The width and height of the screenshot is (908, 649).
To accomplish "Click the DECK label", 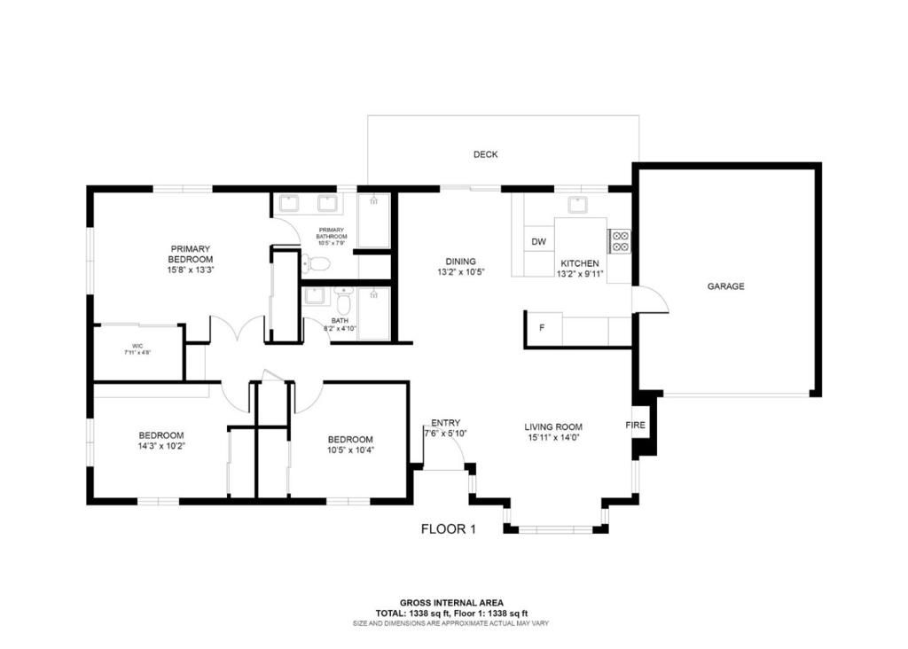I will click(x=485, y=154).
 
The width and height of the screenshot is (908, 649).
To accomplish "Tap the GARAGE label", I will click(x=725, y=286).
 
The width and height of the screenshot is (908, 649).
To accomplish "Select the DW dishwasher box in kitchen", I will click(x=538, y=242).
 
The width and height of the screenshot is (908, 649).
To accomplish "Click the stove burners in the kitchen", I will click(x=619, y=241).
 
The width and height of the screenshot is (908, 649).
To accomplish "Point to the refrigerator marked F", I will click(x=542, y=329).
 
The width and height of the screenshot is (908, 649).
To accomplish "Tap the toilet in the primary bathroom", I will click(x=316, y=262).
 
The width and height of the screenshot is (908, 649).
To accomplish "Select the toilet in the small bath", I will click(x=344, y=296).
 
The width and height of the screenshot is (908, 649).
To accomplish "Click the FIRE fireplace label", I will click(x=635, y=426).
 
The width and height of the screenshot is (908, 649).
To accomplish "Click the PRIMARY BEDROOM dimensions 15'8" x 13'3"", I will click(x=191, y=270).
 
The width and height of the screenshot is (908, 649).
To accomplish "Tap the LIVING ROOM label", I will click(x=552, y=426).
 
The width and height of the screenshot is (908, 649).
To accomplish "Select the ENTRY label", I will click(x=445, y=423).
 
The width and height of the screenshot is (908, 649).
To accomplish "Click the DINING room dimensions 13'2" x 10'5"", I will click(x=460, y=272).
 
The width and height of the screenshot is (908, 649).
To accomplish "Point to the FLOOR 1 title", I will click(x=448, y=529).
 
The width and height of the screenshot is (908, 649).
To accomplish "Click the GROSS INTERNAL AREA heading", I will click(x=451, y=603).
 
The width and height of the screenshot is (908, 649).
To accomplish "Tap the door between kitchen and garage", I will click(x=652, y=301).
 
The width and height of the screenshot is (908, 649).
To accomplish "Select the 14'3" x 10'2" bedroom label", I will click(x=160, y=446).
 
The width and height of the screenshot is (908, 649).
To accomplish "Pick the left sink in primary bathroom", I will click(x=289, y=204).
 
